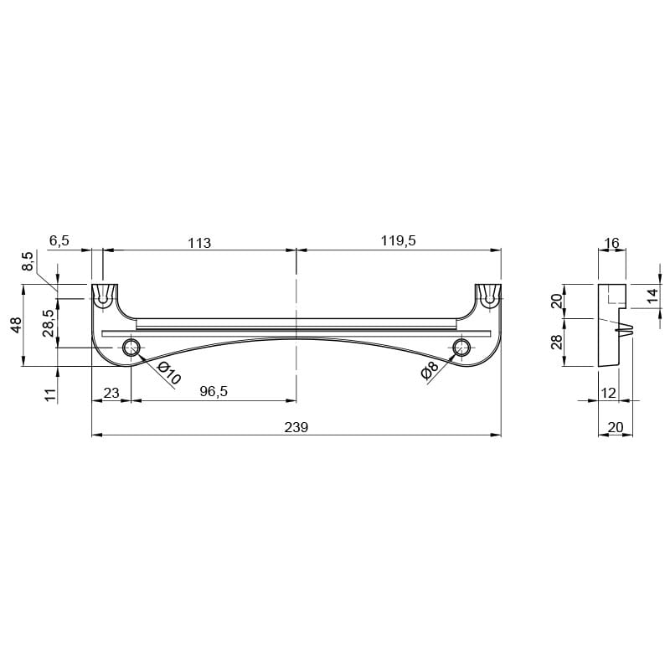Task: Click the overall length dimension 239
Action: click(296, 427)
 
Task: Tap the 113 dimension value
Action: click(199, 243)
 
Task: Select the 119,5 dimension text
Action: click(399, 240)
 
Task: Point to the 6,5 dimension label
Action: click(59, 240)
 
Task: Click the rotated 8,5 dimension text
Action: click(28, 261)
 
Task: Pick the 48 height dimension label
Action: click(16, 325)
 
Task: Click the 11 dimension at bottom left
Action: click(50, 394)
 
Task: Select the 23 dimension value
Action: click(111, 393)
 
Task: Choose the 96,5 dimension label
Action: click(214, 391)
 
